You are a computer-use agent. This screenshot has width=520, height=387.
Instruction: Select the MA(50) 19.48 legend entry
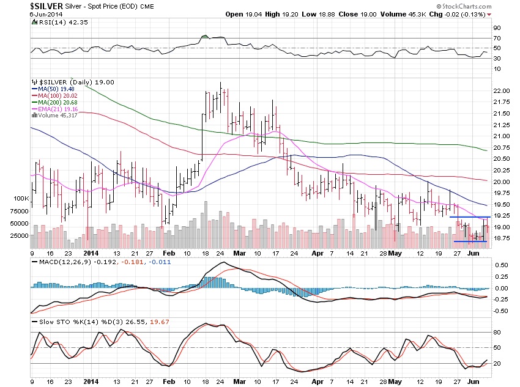pyautogui.click(x=51, y=88)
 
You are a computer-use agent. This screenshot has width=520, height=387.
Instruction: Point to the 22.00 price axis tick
pyautogui.click(x=501, y=90)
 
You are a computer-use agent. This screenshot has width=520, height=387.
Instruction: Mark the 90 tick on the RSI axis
pyautogui.click(x=497, y=27)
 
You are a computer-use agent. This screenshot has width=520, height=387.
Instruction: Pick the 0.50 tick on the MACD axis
pyautogui.click(x=500, y=265)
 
